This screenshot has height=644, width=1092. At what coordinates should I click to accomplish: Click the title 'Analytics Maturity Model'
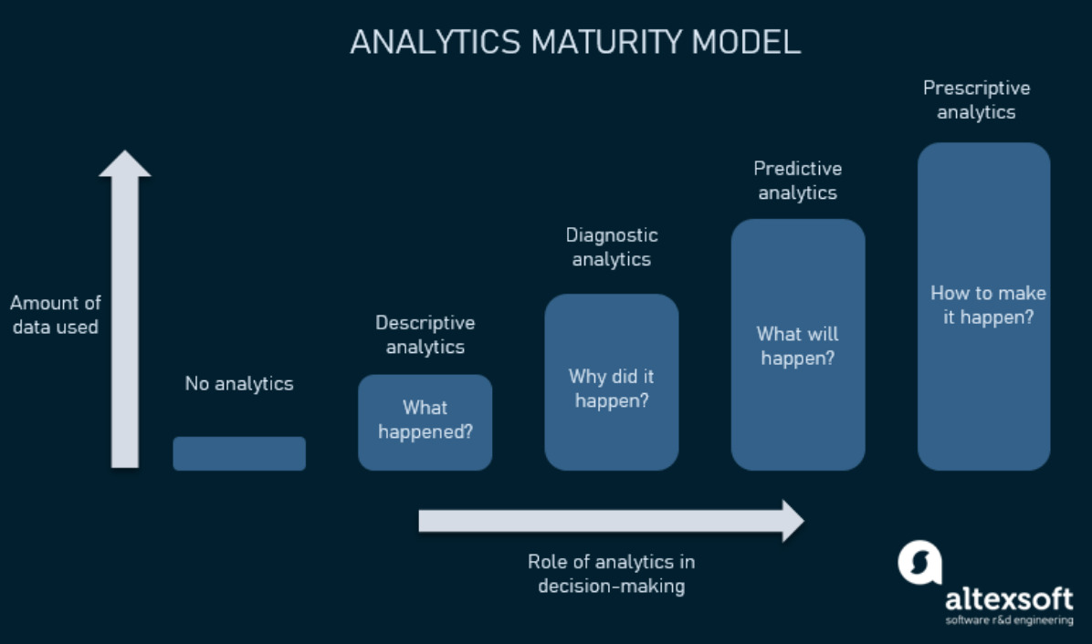[x=575, y=43]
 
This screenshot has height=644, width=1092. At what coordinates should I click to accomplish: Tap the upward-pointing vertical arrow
[x=125, y=309]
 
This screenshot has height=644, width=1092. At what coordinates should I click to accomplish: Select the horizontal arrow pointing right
[x=612, y=521]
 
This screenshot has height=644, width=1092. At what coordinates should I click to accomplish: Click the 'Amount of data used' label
[x=56, y=315]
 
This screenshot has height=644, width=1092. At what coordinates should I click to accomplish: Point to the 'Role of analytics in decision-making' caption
[x=612, y=574]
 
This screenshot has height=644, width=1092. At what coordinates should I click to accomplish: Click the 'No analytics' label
[x=239, y=384]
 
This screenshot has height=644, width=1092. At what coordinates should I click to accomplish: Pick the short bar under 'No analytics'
[x=239, y=453]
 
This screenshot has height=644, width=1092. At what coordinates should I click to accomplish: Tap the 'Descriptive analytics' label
[x=425, y=335]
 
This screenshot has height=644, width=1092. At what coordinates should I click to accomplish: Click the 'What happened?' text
[x=425, y=420]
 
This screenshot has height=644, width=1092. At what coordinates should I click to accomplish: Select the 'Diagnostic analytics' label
[x=612, y=247]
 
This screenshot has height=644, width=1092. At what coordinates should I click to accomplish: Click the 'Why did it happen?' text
[x=612, y=388]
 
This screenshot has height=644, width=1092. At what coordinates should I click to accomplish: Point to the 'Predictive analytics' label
[x=797, y=180]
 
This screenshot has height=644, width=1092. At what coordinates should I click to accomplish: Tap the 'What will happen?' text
[x=797, y=346]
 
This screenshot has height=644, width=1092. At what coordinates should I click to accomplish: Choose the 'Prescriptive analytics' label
[x=976, y=99]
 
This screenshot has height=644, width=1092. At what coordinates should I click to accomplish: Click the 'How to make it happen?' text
[x=988, y=305]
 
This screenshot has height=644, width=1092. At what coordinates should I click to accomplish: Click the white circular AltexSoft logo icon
[x=920, y=563]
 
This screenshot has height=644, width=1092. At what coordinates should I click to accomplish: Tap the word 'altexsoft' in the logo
[x=1009, y=598]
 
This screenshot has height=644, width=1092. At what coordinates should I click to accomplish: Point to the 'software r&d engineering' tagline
[x=1009, y=620]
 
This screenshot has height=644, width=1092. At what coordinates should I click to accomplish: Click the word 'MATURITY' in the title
[x=606, y=43]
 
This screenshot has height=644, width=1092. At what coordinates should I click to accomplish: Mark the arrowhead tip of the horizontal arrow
[x=804, y=521]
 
